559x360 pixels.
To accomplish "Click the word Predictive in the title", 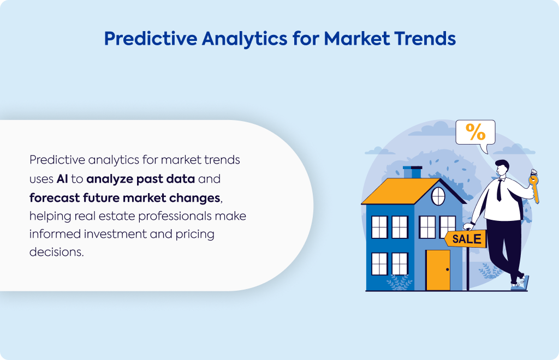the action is tap(151, 39).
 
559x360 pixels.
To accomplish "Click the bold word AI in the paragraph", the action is tap(62, 179).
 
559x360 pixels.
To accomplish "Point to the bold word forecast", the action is tap(55, 197).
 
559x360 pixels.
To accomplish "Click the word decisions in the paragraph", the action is tap(56, 252).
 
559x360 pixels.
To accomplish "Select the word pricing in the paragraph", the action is tap(195, 235).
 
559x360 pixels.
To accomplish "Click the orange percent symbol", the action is tap(475, 132).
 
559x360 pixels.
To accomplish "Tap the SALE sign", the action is tap(466, 239).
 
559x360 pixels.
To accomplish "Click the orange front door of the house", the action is tap(438, 270).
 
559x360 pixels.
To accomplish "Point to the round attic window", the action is tap(438, 196).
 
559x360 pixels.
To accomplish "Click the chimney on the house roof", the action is tap(413, 172).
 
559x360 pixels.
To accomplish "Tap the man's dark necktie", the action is tap(499, 190).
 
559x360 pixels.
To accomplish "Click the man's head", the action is tap(502, 167).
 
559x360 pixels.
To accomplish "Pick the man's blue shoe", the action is tap(521, 283).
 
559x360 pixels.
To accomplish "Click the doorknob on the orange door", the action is tap(448, 269).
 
